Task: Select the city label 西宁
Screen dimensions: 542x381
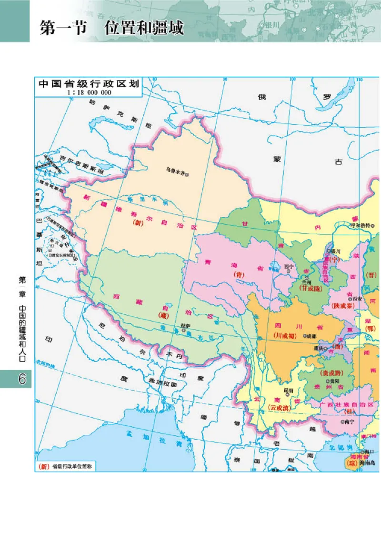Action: click(290, 266)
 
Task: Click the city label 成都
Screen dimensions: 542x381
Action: click(311, 336)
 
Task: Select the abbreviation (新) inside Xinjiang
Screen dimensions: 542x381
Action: click(138, 222)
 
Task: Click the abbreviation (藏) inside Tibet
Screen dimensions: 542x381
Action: click(164, 315)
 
